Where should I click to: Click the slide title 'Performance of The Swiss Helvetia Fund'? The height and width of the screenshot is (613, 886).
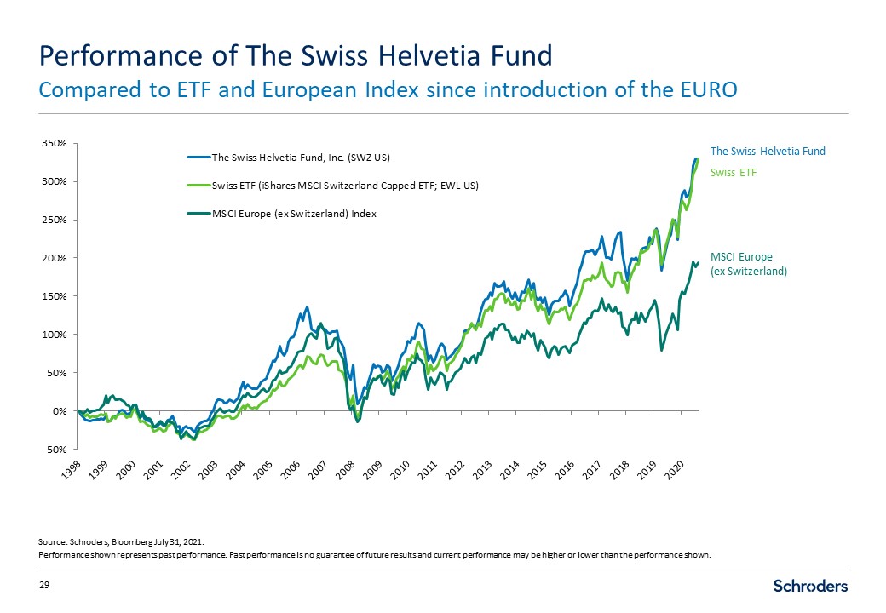pos(296,56)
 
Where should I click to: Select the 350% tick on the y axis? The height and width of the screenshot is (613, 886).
pos(55,143)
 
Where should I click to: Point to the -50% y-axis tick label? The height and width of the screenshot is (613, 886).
pos(55,449)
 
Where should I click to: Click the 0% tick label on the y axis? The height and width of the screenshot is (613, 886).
pos(60,410)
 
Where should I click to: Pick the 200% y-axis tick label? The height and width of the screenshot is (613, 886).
pos(55,258)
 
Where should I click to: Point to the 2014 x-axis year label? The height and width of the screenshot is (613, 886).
pos(505,470)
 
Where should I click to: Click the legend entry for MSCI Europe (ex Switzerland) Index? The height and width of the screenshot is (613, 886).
pos(294,214)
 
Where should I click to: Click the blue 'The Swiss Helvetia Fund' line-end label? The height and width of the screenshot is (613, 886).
pos(768,152)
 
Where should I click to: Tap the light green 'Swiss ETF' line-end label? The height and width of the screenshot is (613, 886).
pos(734,172)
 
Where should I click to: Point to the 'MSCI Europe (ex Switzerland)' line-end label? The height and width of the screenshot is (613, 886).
pos(748,264)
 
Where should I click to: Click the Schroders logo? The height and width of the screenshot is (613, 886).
pos(810,586)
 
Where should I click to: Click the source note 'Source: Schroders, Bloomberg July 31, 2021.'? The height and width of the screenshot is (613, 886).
pos(122,541)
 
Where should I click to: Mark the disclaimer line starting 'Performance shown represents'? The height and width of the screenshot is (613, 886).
pos(375,555)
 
